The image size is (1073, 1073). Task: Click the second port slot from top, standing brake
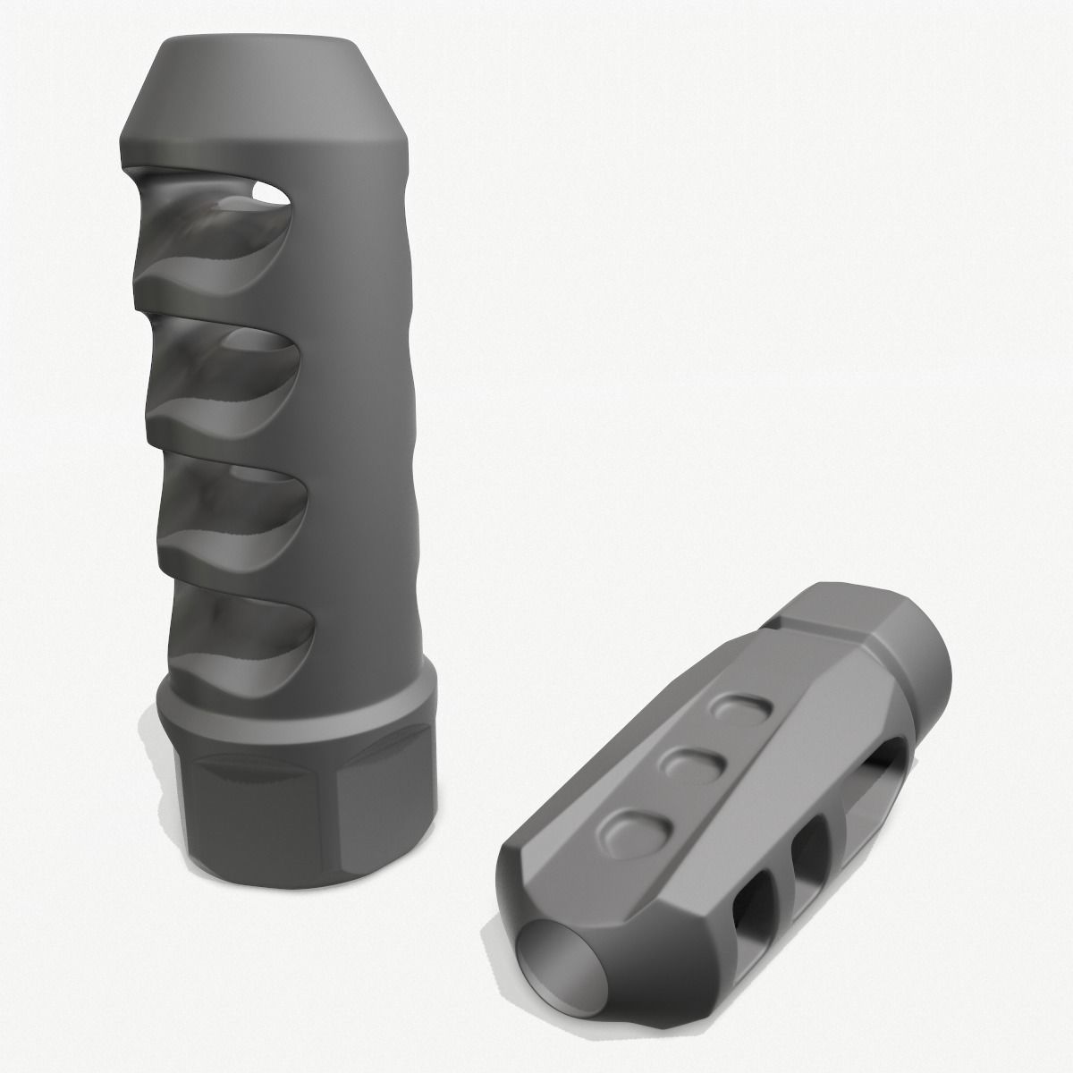click(x=228, y=367)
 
